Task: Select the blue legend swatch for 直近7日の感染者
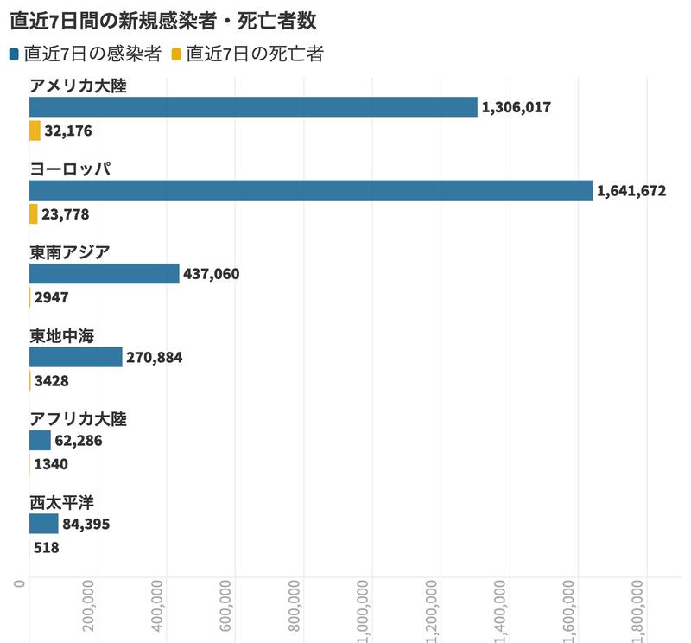click(x=14, y=55)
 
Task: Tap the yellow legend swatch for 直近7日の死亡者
click(x=176, y=55)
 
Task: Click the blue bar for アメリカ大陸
click(x=253, y=107)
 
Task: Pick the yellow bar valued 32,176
click(x=35, y=131)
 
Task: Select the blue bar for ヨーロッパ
click(x=311, y=190)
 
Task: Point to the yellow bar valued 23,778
click(x=33, y=213)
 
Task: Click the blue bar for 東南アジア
click(x=104, y=274)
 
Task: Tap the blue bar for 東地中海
click(x=75, y=357)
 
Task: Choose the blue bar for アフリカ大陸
click(x=40, y=441)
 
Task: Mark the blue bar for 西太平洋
click(x=43, y=524)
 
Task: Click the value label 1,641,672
click(x=631, y=191)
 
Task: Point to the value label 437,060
click(x=212, y=274)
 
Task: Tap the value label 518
click(x=46, y=547)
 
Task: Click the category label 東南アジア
click(x=70, y=251)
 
